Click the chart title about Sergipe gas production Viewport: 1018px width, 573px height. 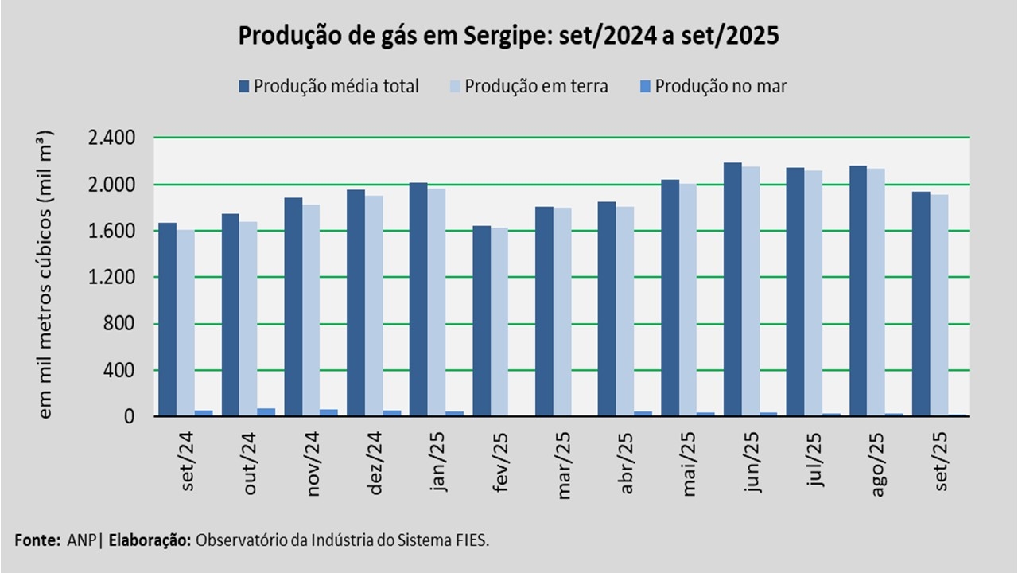click(508, 36)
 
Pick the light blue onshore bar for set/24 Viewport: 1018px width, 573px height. click(185, 323)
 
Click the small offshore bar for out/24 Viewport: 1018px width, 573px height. click(266, 412)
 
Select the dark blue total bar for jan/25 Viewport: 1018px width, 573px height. click(418, 299)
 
